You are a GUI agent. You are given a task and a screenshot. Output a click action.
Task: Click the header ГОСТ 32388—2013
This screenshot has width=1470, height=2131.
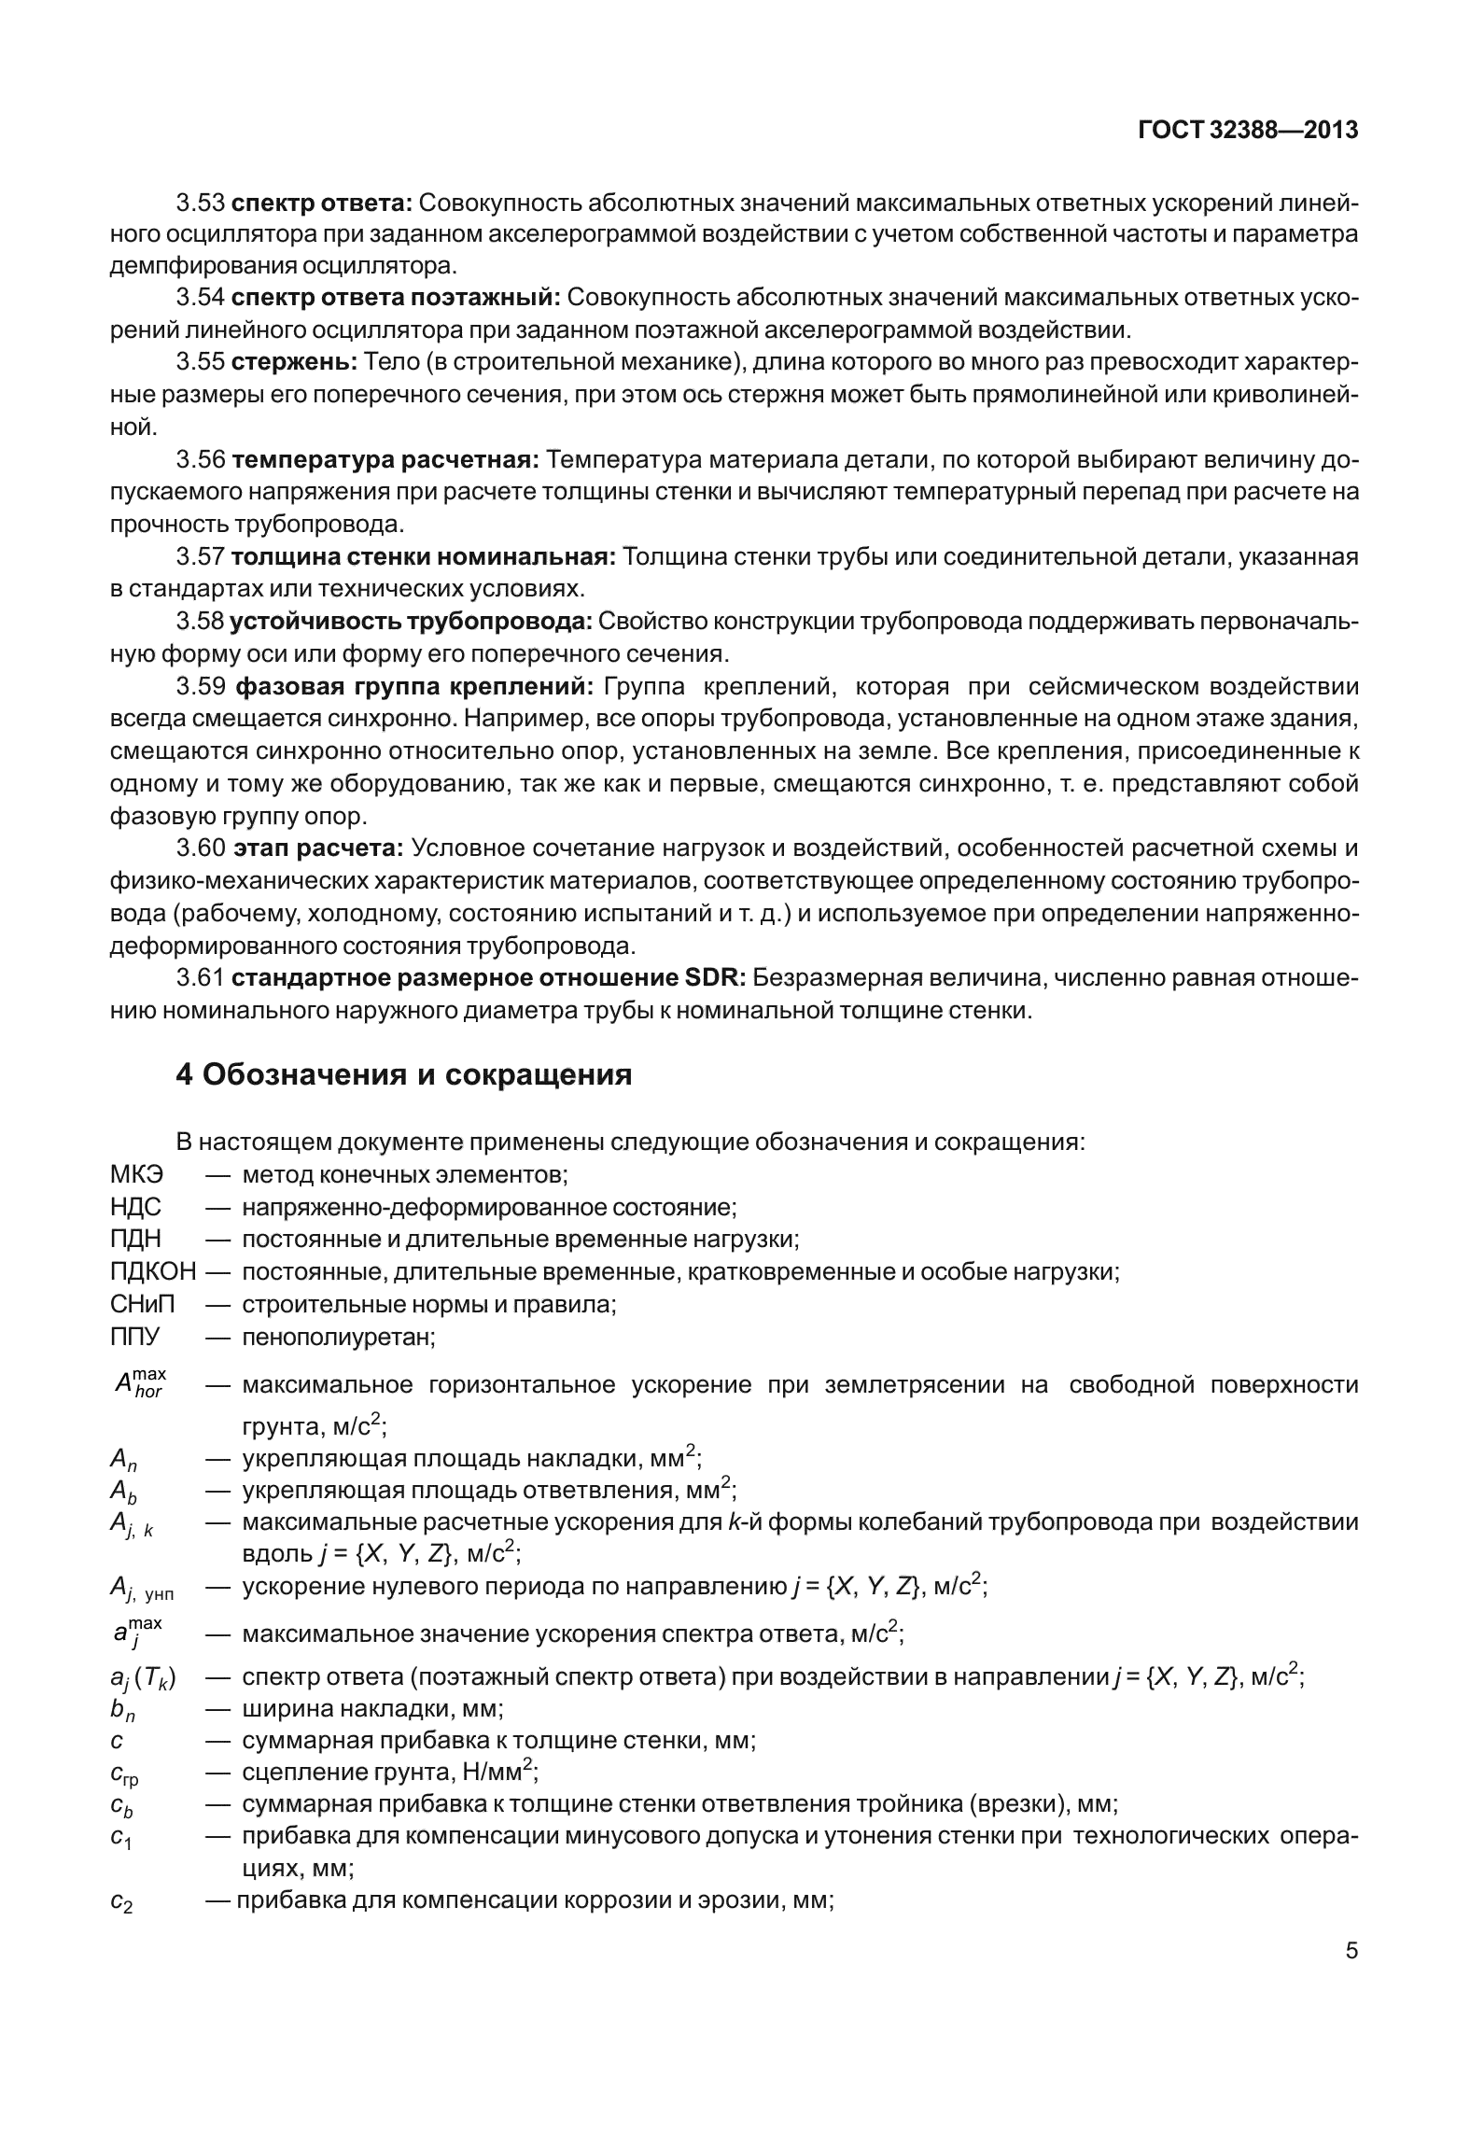coord(1248,132)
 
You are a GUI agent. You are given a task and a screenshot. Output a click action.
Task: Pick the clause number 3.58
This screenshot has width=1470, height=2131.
coord(201,621)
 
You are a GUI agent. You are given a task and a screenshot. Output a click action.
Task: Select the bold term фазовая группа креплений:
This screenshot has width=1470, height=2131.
coord(414,687)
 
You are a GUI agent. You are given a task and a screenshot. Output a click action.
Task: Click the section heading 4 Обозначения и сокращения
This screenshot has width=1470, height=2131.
coord(403,1074)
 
